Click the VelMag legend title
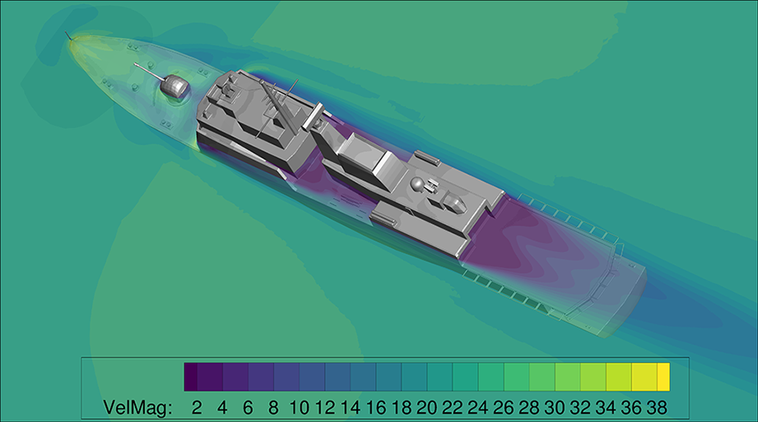click(137, 407)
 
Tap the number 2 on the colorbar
click(196, 407)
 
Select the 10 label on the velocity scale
click(300, 407)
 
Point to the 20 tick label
click(427, 407)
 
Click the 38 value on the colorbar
click(657, 407)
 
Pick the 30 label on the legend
click(555, 407)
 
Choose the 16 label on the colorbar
click(375, 407)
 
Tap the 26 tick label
click(503, 407)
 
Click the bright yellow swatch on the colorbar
click(663, 377)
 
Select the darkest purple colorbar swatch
click(190, 377)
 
